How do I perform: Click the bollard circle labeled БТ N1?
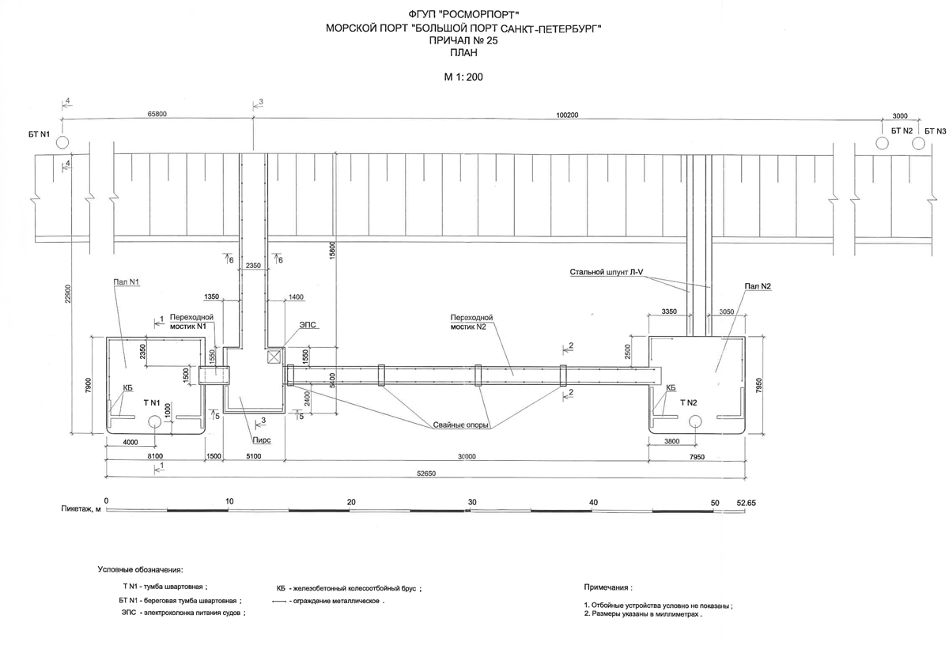62,142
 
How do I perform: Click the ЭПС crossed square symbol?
275,357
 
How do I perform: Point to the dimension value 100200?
568,115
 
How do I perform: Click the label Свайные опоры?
459,425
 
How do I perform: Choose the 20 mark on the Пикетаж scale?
351,502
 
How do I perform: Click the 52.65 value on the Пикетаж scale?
747,502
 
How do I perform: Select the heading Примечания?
607,588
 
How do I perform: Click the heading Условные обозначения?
140,569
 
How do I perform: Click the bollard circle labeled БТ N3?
917,143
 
